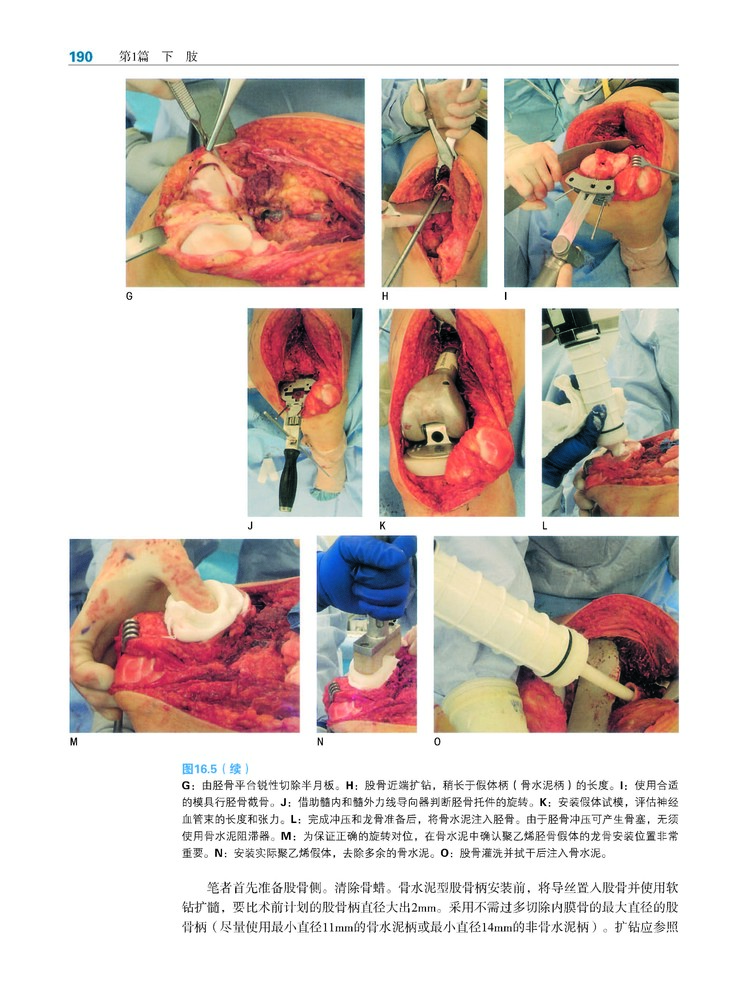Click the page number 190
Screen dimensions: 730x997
click(x=81, y=57)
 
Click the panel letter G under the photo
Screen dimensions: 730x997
click(x=129, y=296)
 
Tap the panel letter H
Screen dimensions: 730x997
click(x=385, y=296)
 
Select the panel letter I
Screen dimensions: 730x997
click(x=506, y=296)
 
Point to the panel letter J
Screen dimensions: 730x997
click(x=251, y=526)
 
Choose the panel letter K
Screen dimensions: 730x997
click(x=382, y=526)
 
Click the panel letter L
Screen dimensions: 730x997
click(x=544, y=526)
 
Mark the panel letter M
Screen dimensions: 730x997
click(x=74, y=741)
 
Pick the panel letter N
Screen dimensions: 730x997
click(x=320, y=741)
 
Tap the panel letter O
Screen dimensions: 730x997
click(x=437, y=741)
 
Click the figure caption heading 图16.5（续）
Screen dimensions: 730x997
click(x=216, y=768)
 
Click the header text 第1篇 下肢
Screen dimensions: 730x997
click(x=158, y=57)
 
